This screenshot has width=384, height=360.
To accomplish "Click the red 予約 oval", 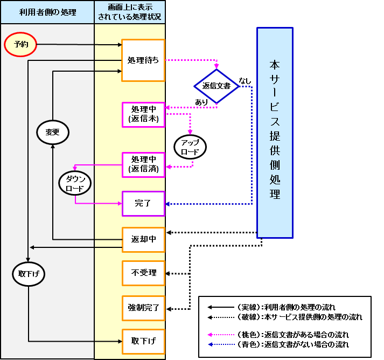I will point(20,45).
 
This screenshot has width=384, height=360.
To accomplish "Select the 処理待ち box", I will point(143,60).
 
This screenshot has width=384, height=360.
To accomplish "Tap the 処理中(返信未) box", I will point(143,114).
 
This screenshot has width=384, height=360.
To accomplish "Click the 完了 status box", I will point(143,204).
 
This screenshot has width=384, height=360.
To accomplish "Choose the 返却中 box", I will point(143,239).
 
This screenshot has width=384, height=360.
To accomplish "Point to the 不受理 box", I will point(143,273).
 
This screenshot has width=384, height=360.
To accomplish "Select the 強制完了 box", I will point(143,308).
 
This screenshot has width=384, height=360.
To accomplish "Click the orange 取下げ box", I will point(143,341).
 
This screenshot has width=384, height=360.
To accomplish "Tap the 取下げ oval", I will point(29,274).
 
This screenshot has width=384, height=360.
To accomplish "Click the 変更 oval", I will point(52,132).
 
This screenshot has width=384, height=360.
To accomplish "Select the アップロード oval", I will point(190,147).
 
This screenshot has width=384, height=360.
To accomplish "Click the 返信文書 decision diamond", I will point(217,86).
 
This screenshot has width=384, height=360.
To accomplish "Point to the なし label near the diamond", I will point(245,81).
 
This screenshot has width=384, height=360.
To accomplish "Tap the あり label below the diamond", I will point(201,102).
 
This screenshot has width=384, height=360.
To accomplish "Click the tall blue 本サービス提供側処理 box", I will point(275,132).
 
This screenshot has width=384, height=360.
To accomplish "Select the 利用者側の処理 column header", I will point(47,12).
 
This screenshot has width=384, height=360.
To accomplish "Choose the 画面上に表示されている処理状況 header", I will point(129,12).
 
